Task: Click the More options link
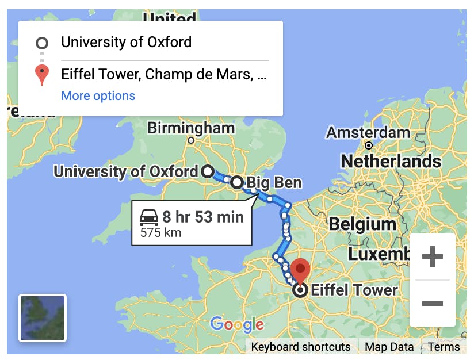[98, 95]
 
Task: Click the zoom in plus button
[432, 257]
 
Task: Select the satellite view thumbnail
[43, 318]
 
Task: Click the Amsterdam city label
[368, 133]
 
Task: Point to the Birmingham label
[191, 128]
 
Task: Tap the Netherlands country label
[391, 161]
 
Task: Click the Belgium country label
[362, 223]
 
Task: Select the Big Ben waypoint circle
[237, 183]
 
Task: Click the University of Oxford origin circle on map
[207, 171]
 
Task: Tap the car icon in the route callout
[149, 217]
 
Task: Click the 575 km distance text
[160, 233]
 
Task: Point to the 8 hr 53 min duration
[202, 217]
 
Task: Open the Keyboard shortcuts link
[301, 347]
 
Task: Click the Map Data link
[389, 347]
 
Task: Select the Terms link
[444, 347]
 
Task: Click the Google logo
[237, 324]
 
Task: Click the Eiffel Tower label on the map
[354, 290]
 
